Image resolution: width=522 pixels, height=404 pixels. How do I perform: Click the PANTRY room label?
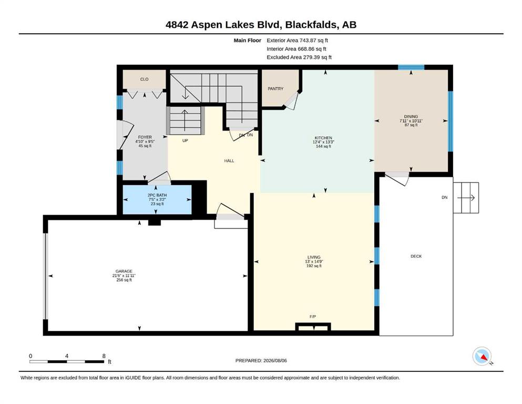(x=275, y=88)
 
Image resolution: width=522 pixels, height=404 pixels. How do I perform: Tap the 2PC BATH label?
(x=157, y=195)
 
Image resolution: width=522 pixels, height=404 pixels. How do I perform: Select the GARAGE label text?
(x=124, y=271)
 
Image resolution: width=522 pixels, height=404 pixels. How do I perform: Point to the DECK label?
(x=416, y=256)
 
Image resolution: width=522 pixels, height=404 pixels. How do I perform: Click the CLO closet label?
(x=144, y=79)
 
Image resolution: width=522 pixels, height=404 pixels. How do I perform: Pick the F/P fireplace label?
(x=313, y=316)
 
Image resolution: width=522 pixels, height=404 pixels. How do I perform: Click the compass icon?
(x=482, y=356)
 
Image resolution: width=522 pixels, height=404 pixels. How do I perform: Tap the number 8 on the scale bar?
(x=104, y=356)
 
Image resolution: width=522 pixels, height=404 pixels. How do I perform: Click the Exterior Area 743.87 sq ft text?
(x=298, y=41)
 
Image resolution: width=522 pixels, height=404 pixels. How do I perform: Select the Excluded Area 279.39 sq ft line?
(x=299, y=57)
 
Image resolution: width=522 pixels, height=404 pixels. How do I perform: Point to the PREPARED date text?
(x=261, y=360)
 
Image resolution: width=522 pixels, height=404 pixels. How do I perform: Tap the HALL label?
(x=229, y=160)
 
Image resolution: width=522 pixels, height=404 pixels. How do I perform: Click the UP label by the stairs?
(x=185, y=140)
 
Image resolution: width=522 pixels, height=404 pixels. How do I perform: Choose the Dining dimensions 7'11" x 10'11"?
(x=411, y=121)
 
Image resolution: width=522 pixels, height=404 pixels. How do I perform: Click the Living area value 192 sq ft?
(x=314, y=266)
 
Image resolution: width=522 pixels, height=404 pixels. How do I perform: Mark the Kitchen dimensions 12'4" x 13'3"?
(x=323, y=142)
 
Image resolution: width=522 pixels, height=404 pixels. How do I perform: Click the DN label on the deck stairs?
(x=444, y=197)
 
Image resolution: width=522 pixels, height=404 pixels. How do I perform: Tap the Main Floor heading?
(x=248, y=41)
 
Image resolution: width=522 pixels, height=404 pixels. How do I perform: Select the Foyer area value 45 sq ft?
(x=145, y=146)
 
